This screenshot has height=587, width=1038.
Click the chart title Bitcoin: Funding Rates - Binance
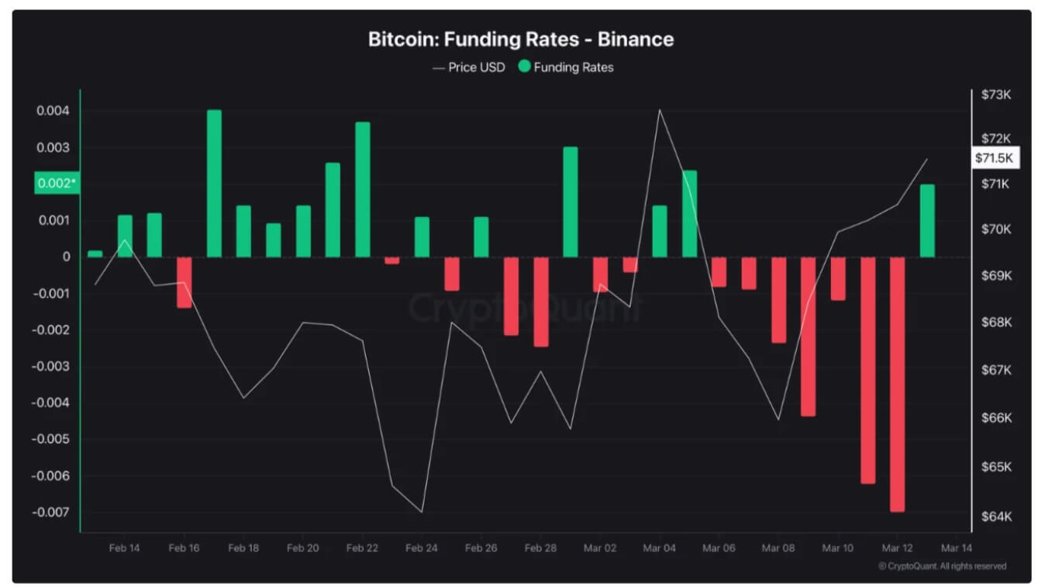520,40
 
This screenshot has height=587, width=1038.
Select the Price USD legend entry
469,67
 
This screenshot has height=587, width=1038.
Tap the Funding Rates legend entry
566,67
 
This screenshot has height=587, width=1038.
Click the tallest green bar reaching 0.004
214,183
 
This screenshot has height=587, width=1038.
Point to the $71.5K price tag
992,157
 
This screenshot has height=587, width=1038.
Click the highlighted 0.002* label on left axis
57,183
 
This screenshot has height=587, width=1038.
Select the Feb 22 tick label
362,547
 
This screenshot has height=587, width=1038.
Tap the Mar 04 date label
659,547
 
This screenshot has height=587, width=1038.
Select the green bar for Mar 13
927,221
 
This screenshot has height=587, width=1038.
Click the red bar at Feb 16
184,282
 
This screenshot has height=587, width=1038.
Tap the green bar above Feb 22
363,189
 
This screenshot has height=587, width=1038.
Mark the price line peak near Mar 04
660,110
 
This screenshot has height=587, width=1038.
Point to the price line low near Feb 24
422,512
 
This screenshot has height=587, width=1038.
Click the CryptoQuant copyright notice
942,566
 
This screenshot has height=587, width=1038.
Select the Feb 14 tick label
125,547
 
